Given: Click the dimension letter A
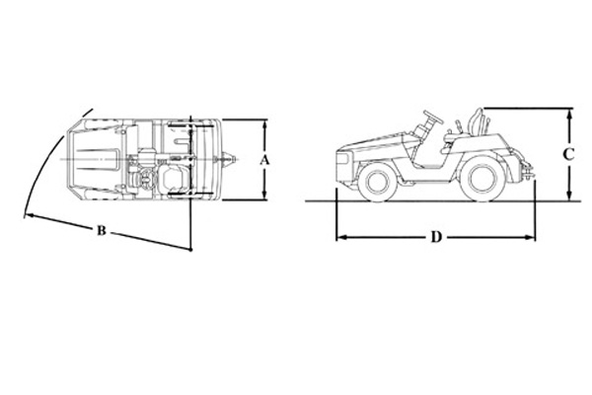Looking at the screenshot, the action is point(265,160).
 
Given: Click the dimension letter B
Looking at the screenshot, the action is point(102,230).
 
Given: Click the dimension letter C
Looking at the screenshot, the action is point(568,154).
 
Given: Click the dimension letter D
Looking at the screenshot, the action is point(436,237).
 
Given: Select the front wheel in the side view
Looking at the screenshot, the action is point(376,182).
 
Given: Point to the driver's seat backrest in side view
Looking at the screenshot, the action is point(477,121).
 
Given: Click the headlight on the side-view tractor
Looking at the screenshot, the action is point(341,159).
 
